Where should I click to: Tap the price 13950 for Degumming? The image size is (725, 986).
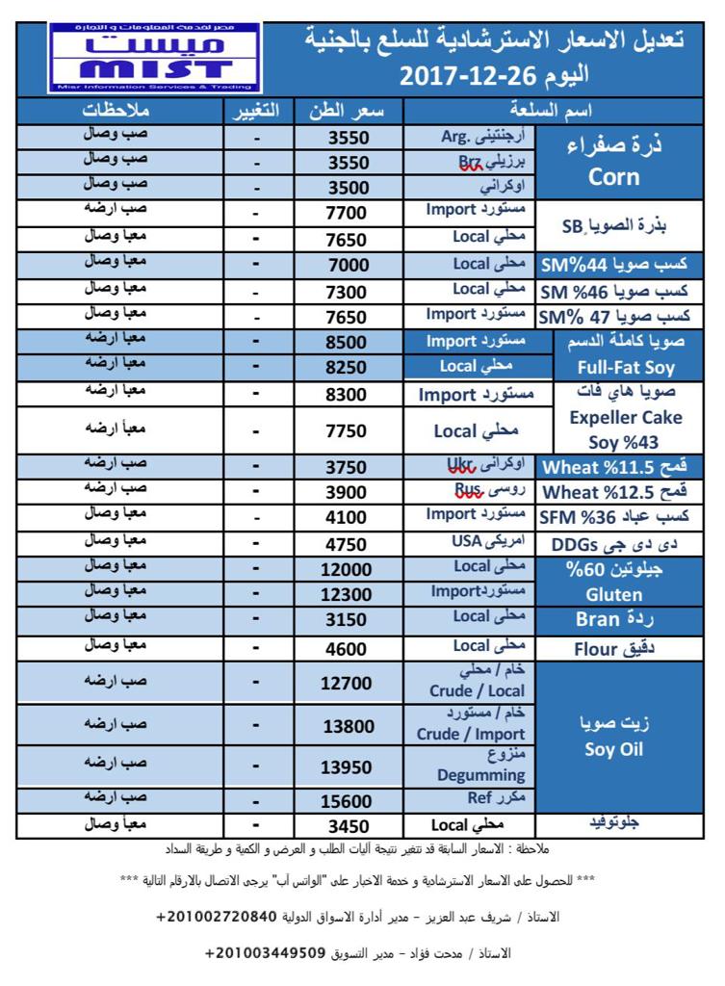pyautogui.click(x=349, y=766)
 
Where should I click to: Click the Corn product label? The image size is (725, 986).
pyautogui.click(x=613, y=177)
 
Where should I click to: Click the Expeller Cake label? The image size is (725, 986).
pyautogui.click(x=625, y=417)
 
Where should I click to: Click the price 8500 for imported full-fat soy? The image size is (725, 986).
pyautogui.click(x=349, y=342)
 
